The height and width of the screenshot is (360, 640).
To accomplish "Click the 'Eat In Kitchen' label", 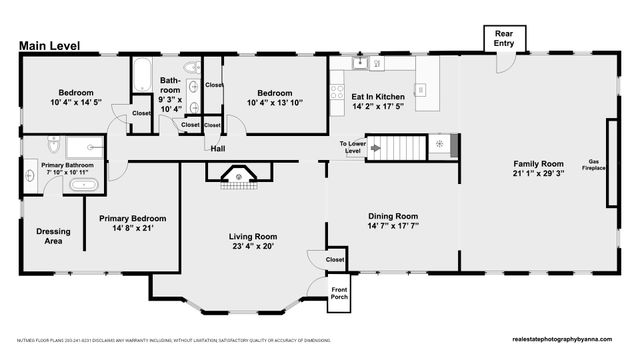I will click(x=377, y=97).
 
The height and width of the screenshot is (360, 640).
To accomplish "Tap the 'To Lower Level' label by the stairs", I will click(x=352, y=149).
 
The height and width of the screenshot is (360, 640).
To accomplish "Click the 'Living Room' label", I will click(x=252, y=237).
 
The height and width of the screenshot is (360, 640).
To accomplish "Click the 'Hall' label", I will click(x=217, y=148).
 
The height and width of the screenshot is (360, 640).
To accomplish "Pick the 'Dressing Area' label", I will click(x=53, y=236).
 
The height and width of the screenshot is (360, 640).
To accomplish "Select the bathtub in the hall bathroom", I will click(x=141, y=75).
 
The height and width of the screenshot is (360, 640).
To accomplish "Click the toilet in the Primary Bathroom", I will click(x=52, y=146).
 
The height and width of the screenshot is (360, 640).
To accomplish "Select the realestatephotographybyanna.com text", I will click(x=566, y=341).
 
